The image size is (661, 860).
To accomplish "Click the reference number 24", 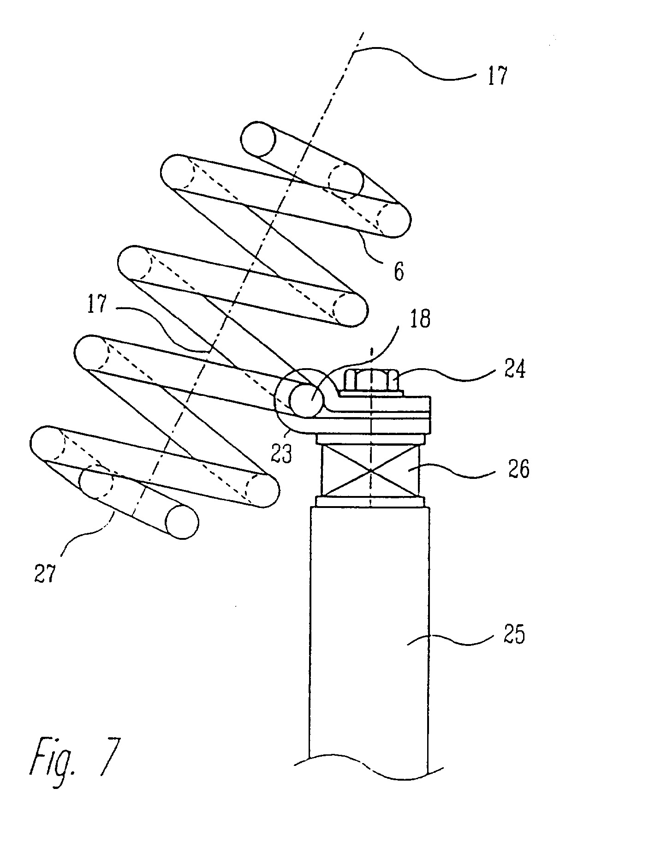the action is click(514, 370).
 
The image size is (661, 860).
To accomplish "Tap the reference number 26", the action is click(518, 469).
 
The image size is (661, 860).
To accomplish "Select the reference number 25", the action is click(514, 635).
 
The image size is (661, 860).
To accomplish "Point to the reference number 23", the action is click(281, 454).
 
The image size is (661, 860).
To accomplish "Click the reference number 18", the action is click(419, 319).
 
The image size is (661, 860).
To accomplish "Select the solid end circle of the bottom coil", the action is click(182, 522).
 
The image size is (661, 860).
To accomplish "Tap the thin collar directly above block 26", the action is click(369, 440).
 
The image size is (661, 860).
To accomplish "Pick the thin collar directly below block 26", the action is click(369, 502).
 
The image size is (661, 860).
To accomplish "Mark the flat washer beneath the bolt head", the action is click(372, 392).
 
